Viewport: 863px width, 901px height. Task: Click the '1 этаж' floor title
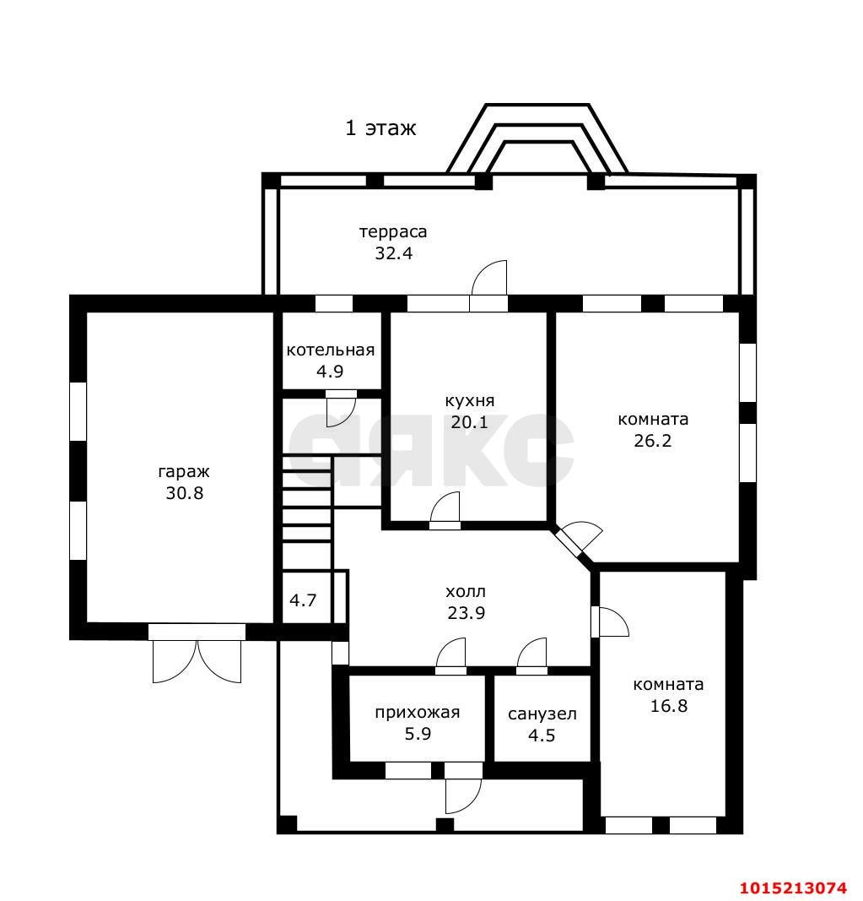(x=380, y=128)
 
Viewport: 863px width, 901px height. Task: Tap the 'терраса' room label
(x=393, y=231)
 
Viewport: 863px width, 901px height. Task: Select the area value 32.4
(x=394, y=252)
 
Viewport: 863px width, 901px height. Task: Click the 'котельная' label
(x=330, y=350)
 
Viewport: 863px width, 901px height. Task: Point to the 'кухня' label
(x=470, y=400)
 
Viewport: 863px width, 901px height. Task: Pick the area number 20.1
(x=470, y=422)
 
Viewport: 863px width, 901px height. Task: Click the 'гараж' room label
(x=184, y=472)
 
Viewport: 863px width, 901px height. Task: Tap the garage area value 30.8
(x=184, y=493)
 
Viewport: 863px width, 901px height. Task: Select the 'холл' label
(x=466, y=591)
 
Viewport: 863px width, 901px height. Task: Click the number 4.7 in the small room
(x=303, y=600)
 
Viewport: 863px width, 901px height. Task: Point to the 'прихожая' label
(x=418, y=713)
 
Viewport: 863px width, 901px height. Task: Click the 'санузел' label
(x=542, y=714)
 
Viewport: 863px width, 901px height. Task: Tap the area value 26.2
(x=653, y=440)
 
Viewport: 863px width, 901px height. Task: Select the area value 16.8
(x=669, y=706)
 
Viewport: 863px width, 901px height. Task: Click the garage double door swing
(x=197, y=661)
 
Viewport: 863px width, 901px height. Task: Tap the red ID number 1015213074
(x=792, y=887)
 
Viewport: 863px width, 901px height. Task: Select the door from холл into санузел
(x=531, y=655)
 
